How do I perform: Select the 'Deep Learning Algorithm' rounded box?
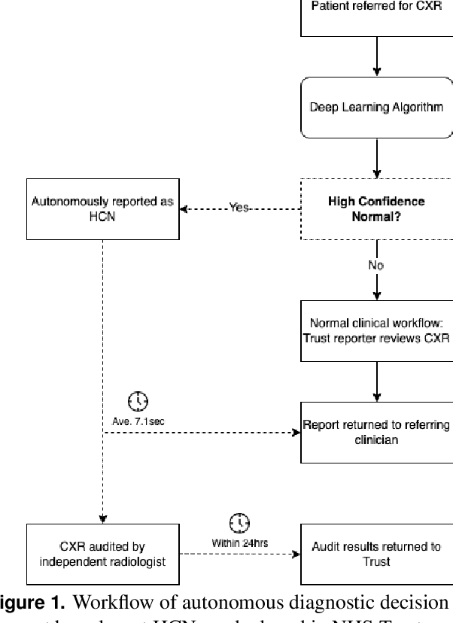click(376, 107)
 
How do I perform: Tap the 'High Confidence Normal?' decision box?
click(376, 208)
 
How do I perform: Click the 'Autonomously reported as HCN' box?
click(102, 208)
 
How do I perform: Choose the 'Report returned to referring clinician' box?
click(376, 432)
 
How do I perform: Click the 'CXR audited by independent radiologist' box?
click(102, 553)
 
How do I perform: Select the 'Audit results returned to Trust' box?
click(376, 553)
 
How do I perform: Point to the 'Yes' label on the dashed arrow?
click(239, 208)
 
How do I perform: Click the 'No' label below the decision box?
click(376, 265)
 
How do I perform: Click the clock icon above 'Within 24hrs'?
click(239, 522)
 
